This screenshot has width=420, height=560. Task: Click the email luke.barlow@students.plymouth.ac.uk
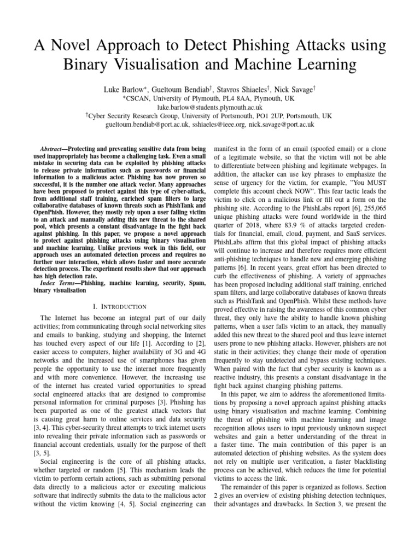209,108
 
